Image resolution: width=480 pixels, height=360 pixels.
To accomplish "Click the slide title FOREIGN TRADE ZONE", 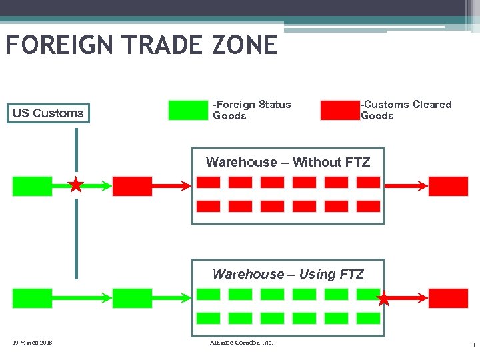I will pyautogui.click(x=141, y=45).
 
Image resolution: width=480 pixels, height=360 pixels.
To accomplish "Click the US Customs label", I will pyautogui.click(x=48, y=113).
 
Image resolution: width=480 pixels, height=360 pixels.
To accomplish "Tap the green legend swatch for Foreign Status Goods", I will pyautogui.click(x=188, y=110).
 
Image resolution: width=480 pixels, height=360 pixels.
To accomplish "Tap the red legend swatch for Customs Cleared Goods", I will pyautogui.click(x=339, y=110).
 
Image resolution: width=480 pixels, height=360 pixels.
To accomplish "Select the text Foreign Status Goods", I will pyautogui.click(x=251, y=110).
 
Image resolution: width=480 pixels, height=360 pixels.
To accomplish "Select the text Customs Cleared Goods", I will pyautogui.click(x=405, y=110).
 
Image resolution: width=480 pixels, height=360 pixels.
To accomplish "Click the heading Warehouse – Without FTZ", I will pyautogui.click(x=288, y=162).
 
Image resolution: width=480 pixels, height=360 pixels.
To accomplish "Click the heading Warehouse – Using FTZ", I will pyautogui.click(x=288, y=274).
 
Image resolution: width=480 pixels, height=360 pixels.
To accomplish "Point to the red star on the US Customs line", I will pyautogui.click(x=77, y=185).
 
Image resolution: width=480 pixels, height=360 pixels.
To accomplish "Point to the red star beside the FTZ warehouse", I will pyautogui.click(x=384, y=299).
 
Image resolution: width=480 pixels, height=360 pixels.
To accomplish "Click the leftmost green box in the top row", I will pyautogui.click(x=32, y=186).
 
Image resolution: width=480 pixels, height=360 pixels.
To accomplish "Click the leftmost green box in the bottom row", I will pyautogui.click(x=32, y=298).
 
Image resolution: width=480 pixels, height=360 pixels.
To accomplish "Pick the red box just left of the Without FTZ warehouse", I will pyautogui.click(x=132, y=186).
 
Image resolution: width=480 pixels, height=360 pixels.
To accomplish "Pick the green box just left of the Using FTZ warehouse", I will pyautogui.click(x=132, y=298).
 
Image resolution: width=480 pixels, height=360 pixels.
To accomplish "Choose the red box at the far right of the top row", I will pyautogui.click(x=448, y=186).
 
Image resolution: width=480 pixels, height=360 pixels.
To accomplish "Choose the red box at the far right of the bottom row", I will pyautogui.click(x=448, y=298).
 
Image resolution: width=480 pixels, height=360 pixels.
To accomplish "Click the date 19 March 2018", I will pyautogui.click(x=33, y=343).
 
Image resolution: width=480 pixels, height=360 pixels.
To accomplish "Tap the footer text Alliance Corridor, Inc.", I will pyautogui.click(x=241, y=343).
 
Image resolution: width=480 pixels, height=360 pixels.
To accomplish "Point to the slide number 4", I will pyautogui.click(x=473, y=345).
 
